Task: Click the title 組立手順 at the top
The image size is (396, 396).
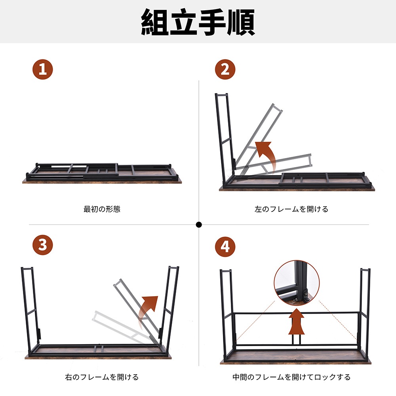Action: pyautogui.click(x=198, y=22)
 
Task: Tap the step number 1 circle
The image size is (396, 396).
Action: pyautogui.click(x=42, y=70)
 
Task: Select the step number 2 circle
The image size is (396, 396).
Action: pyautogui.click(x=225, y=70)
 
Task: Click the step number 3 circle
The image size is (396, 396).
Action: pyautogui.click(x=42, y=245)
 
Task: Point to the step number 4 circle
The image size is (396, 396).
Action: pyautogui.click(x=225, y=247)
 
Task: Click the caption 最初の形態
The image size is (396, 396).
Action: pyautogui.click(x=102, y=209)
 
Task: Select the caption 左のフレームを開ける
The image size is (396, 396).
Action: pyautogui.click(x=291, y=209)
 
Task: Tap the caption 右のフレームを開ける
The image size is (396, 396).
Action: pyautogui.click(x=102, y=377)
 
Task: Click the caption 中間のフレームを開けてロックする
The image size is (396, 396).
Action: pyautogui.click(x=291, y=377)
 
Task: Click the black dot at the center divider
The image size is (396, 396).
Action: pyautogui.click(x=199, y=225)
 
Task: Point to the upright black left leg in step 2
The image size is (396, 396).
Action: pyautogui.click(x=224, y=139)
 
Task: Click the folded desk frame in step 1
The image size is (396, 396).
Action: pyautogui.click(x=102, y=172)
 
